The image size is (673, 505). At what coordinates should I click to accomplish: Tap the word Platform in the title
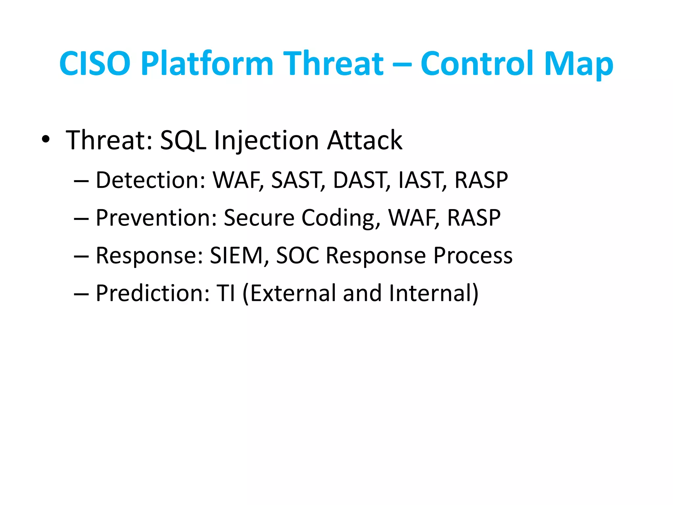[x=207, y=63]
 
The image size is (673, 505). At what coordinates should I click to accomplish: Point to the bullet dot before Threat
[x=46, y=139]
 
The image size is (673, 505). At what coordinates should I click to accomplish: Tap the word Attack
[x=364, y=140]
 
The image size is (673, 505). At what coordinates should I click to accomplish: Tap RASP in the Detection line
[x=481, y=180]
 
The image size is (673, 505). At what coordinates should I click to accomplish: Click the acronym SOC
[x=297, y=255]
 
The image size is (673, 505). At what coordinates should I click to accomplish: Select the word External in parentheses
[x=292, y=293]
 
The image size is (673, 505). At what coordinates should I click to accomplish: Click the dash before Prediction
[x=81, y=294]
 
